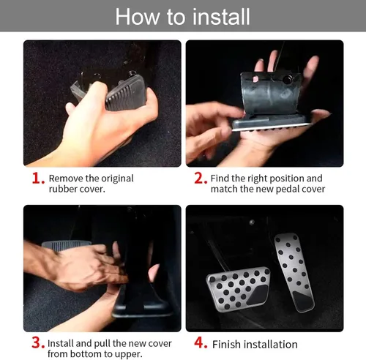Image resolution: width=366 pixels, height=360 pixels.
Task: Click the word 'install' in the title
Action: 221,17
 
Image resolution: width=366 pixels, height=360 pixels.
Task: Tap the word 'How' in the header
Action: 137,17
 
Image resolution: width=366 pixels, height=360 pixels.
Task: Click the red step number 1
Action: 38,178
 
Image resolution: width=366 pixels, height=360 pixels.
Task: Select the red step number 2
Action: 201,178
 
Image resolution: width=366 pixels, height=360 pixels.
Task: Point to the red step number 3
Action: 38,342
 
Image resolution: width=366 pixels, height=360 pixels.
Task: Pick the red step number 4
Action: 201,342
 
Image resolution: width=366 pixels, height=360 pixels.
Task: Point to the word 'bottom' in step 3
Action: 83,354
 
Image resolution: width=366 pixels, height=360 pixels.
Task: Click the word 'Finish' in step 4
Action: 226,345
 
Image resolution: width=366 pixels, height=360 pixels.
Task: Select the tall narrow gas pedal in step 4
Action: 294,272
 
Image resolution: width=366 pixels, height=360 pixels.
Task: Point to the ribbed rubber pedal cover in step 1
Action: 127,93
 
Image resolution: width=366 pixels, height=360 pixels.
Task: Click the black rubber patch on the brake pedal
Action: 258,295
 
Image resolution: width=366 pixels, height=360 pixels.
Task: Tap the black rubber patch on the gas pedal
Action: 303,301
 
